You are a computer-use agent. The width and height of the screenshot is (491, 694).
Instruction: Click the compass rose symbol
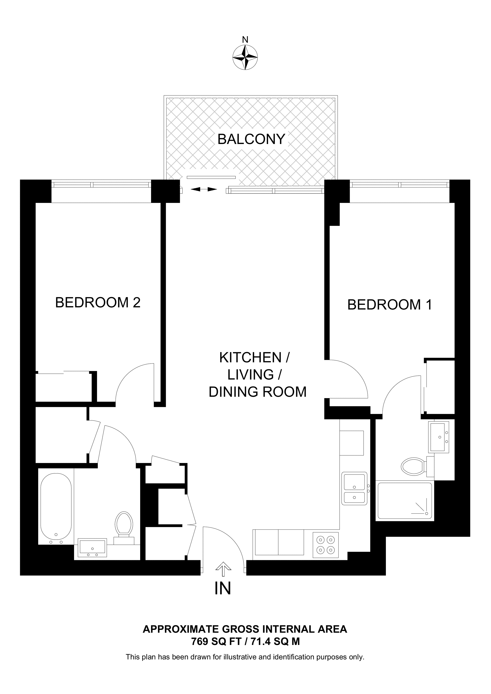245,58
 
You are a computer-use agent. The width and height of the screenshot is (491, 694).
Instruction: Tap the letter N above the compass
245,40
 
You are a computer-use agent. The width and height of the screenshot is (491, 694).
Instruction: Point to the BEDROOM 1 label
390,305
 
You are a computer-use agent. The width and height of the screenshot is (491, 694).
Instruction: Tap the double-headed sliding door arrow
204,189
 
